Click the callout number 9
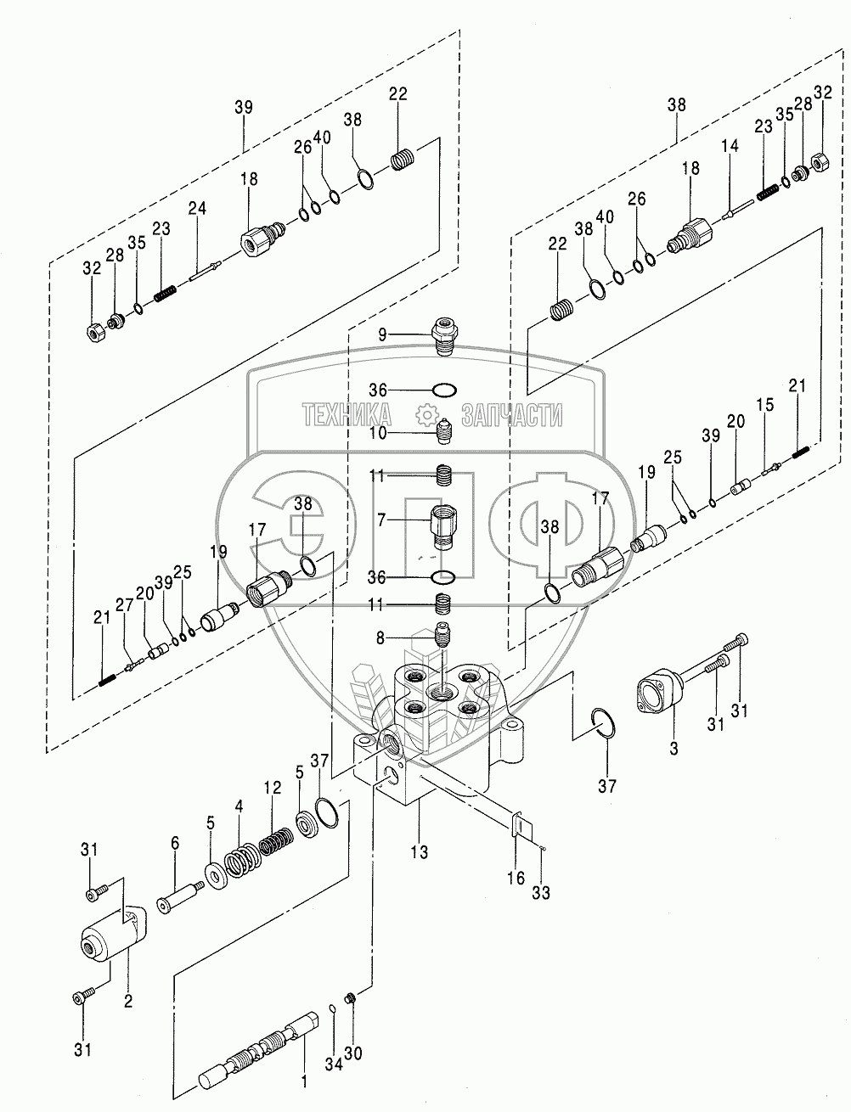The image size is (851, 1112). [383, 334]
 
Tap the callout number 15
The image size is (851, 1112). [766, 407]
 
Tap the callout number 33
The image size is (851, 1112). [541, 893]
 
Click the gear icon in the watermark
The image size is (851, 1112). [425, 415]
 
